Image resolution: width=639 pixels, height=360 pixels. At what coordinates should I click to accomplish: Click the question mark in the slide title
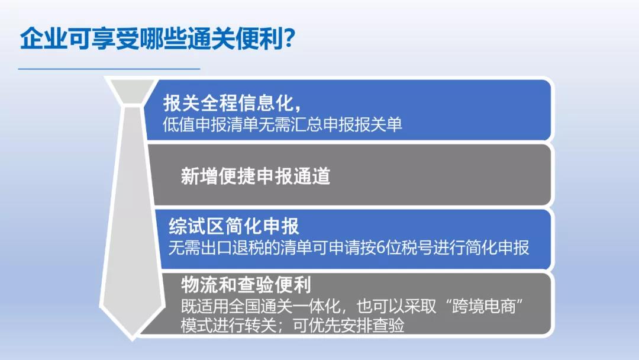point(289,39)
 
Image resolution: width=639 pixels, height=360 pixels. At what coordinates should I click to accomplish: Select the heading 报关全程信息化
point(228,103)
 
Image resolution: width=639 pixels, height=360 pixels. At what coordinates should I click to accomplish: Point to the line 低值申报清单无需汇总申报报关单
point(282,124)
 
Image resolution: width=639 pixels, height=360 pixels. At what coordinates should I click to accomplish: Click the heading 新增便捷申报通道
point(256,176)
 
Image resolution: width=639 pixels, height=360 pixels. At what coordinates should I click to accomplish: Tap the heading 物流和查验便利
point(246,285)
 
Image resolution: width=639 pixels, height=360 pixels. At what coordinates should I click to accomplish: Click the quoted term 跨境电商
point(484,306)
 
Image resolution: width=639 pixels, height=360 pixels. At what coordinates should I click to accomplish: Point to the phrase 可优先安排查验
point(349,326)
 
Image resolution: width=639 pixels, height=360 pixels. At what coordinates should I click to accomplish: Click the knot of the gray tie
point(132,91)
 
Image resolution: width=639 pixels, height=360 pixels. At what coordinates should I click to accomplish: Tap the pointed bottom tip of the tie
point(132,339)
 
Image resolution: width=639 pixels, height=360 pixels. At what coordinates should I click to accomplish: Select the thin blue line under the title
point(109,69)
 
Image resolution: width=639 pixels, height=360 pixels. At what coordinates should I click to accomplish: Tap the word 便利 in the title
point(259,39)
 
